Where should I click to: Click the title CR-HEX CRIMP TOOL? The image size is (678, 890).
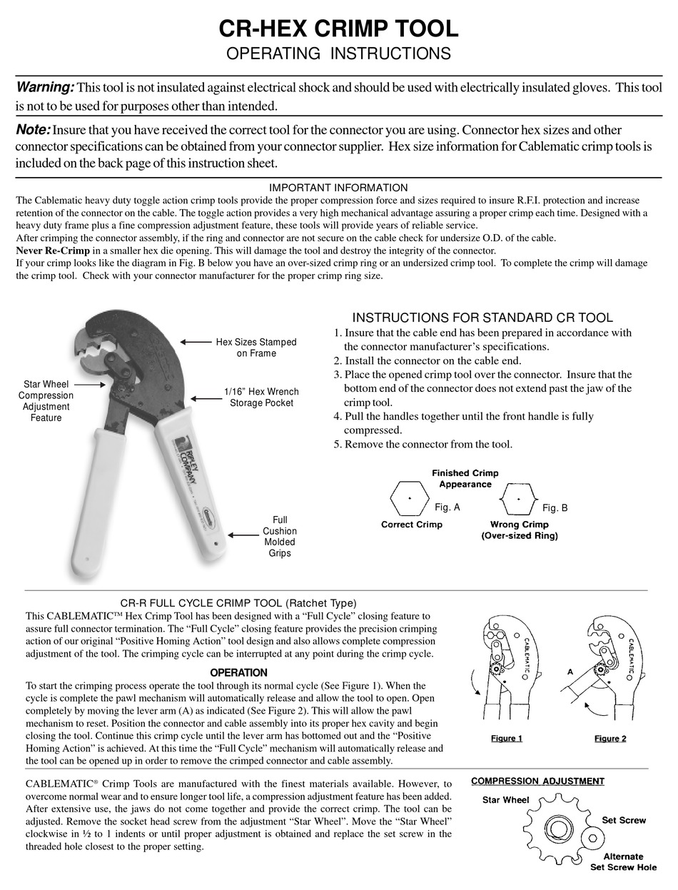[x=338, y=29]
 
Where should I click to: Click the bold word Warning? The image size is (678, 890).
[x=45, y=87]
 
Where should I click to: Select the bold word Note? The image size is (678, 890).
[x=33, y=130]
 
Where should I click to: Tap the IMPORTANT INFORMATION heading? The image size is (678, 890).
[x=338, y=188]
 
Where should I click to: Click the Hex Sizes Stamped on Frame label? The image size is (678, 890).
[x=255, y=348]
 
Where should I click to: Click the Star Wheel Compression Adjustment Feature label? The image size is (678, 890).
[x=46, y=401]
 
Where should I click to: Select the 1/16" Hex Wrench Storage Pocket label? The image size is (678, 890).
[x=261, y=398]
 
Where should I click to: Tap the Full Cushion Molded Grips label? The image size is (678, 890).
[x=280, y=537]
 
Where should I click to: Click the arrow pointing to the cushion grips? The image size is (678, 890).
[x=243, y=535]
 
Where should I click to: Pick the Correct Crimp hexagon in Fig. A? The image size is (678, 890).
[x=410, y=497]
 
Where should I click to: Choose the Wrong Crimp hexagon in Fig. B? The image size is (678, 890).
[x=519, y=498]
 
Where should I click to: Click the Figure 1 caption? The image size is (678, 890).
[x=507, y=738]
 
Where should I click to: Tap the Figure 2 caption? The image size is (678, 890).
[x=610, y=738]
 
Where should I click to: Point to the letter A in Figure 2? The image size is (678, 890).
[x=570, y=672]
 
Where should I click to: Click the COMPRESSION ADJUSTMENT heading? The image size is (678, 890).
[x=537, y=781]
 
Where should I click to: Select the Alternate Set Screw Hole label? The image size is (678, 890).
[x=623, y=861]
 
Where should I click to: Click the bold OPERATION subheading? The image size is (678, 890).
[x=238, y=672]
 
